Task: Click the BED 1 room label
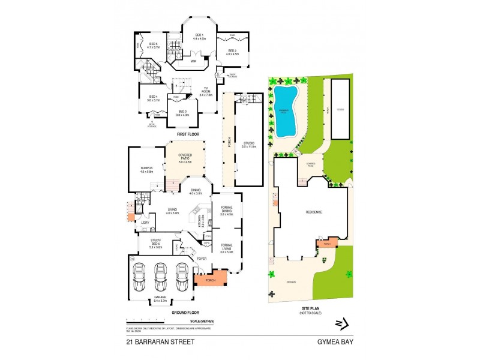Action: point(199,37)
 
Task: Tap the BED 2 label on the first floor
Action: point(233,52)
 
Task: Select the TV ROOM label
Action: point(206,91)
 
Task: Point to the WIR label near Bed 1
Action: point(194,61)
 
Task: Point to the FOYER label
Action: point(202,259)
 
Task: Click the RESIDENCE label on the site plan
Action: point(314,212)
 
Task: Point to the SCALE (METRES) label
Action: point(202,322)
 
